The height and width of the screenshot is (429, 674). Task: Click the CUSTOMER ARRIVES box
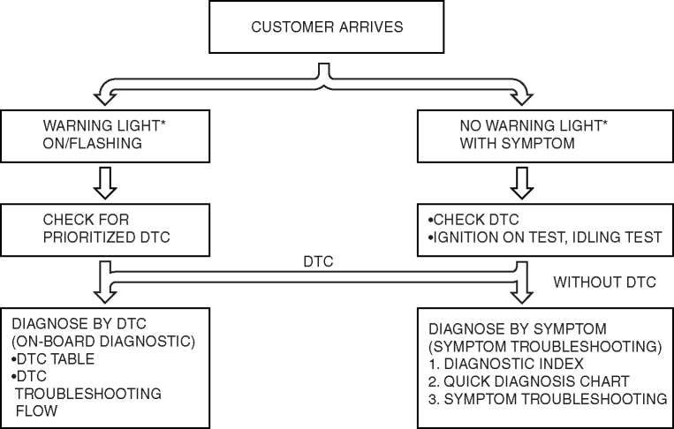pyautogui.click(x=327, y=27)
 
